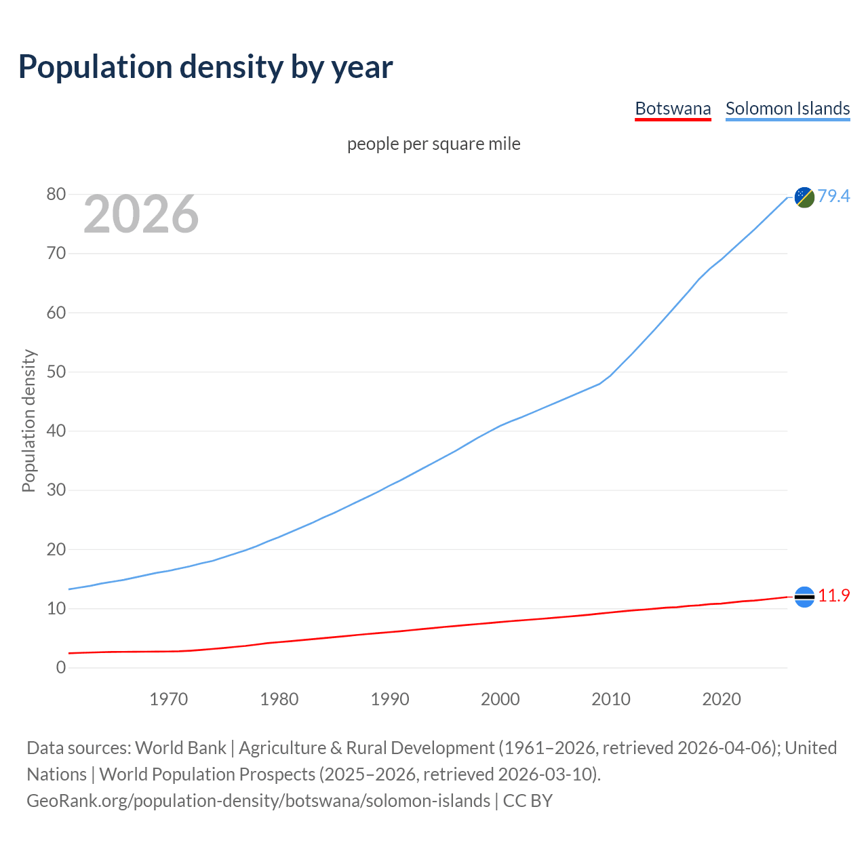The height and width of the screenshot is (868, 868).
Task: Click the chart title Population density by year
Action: pyautogui.click(x=205, y=67)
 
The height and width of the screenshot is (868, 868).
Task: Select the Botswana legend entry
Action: pyautogui.click(x=673, y=108)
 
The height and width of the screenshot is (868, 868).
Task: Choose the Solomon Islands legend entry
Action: pyautogui.click(x=787, y=108)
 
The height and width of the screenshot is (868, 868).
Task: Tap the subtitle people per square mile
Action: pyautogui.click(x=433, y=144)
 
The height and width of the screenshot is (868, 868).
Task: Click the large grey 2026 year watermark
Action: pyautogui.click(x=141, y=214)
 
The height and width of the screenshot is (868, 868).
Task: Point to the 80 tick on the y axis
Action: pyautogui.click(x=56, y=195)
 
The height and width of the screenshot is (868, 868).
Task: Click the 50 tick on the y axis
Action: pyautogui.click(x=56, y=372)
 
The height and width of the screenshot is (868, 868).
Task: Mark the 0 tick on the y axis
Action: pyautogui.click(x=61, y=667)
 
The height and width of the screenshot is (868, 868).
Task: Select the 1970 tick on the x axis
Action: pyautogui.click(x=168, y=699)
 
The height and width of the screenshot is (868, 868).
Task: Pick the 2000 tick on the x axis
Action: pyautogui.click(x=500, y=699)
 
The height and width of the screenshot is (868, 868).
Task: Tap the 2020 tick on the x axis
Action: pyautogui.click(x=722, y=699)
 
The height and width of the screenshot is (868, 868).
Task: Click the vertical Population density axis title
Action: pyautogui.click(x=28, y=420)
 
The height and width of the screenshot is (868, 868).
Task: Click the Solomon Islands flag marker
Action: pyautogui.click(x=804, y=197)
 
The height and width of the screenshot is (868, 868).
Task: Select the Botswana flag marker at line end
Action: pyautogui.click(x=804, y=597)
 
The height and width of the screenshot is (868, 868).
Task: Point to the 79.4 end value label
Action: pyautogui.click(x=833, y=196)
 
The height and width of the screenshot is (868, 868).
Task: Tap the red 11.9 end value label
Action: pyautogui.click(x=833, y=595)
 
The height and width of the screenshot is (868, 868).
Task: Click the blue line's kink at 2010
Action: pyautogui.click(x=611, y=375)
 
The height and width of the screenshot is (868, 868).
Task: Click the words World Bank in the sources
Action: pyautogui.click(x=180, y=748)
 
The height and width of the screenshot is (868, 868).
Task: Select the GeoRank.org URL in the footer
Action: pyautogui.click(x=258, y=801)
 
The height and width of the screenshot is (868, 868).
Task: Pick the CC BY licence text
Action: pyautogui.click(x=528, y=801)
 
